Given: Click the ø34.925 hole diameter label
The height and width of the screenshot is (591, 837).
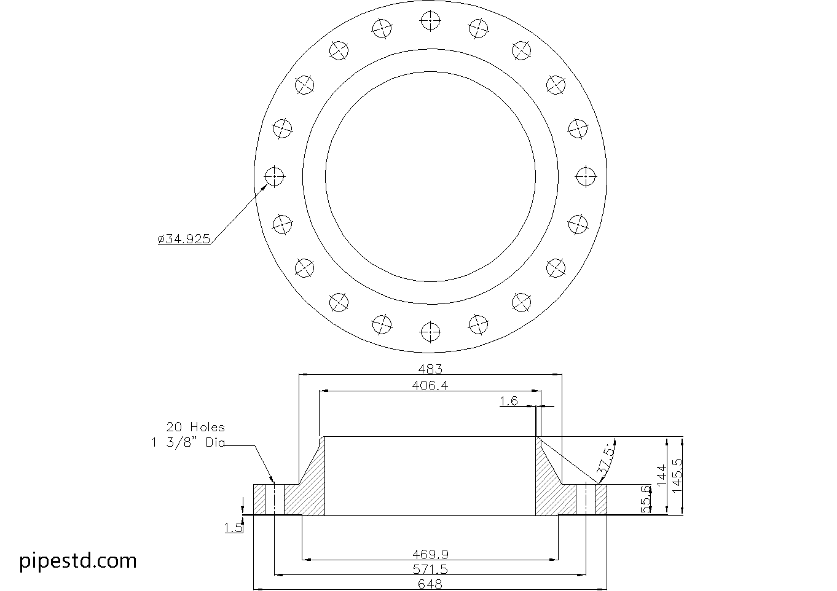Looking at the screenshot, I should pyautogui.click(x=184, y=239).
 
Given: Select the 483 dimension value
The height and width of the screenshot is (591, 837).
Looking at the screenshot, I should pyautogui.click(x=430, y=369).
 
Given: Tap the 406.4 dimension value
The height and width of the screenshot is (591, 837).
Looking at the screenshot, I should pyautogui.click(x=430, y=385).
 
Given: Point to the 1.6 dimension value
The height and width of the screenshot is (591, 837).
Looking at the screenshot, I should pyautogui.click(x=508, y=401).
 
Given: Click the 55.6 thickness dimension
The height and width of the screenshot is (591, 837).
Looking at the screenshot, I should pyautogui.click(x=645, y=498).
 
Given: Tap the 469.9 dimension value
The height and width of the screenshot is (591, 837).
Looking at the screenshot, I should pyautogui.click(x=430, y=554).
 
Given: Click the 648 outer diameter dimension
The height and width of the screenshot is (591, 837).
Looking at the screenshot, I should pyautogui.click(x=430, y=584).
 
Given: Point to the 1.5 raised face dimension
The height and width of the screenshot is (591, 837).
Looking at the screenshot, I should pyautogui.click(x=233, y=527).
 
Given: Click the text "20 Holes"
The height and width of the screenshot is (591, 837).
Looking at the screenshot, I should pyautogui.click(x=195, y=426).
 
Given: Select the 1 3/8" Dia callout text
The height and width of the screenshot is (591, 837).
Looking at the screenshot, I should pyautogui.click(x=188, y=442).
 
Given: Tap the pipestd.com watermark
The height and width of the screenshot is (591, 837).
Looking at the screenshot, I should pyautogui.click(x=78, y=560).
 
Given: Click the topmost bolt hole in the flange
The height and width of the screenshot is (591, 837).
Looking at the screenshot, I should pyautogui.click(x=430, y=21).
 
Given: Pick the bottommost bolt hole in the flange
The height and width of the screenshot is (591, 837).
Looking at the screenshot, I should pyautogui.click(x=430, y=333).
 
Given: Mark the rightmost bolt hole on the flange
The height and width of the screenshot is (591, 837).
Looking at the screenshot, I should pyautogui.click(x=586, y=177).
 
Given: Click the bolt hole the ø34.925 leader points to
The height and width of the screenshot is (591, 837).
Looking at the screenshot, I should pyautogui.click(x=274, y=177).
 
